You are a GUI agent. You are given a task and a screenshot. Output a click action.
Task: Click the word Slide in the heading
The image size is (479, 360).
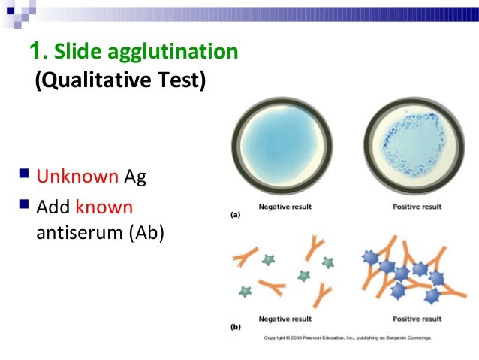coord(75,52)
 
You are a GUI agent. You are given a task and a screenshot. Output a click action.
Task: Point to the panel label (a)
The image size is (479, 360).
coord(235,216)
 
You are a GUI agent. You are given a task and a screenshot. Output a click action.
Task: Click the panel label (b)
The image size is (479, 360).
coord(235,328)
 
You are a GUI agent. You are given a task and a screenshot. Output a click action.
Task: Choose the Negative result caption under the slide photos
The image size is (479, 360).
coord(285,207)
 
